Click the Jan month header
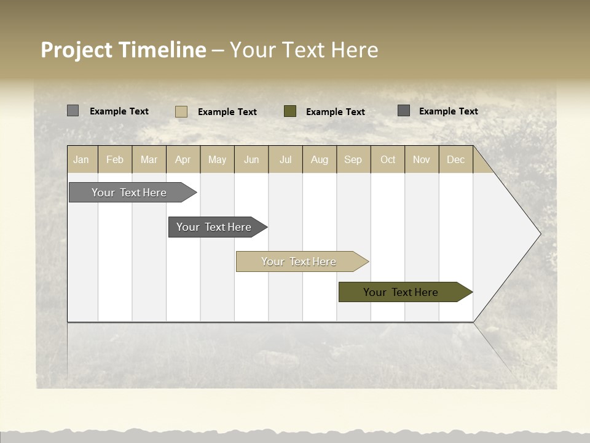(81, 159)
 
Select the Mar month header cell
(149, 159)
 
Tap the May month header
(217, 159)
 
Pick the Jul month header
(285, 159)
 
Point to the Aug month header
(319, 159)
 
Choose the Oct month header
(388, 159)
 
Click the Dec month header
(455, 159)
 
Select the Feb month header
(115, 159)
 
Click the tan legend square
(181, 111)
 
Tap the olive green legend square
(290, 111)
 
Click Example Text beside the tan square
(227, 112)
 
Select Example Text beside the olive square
(335, 112)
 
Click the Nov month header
(422, 159)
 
